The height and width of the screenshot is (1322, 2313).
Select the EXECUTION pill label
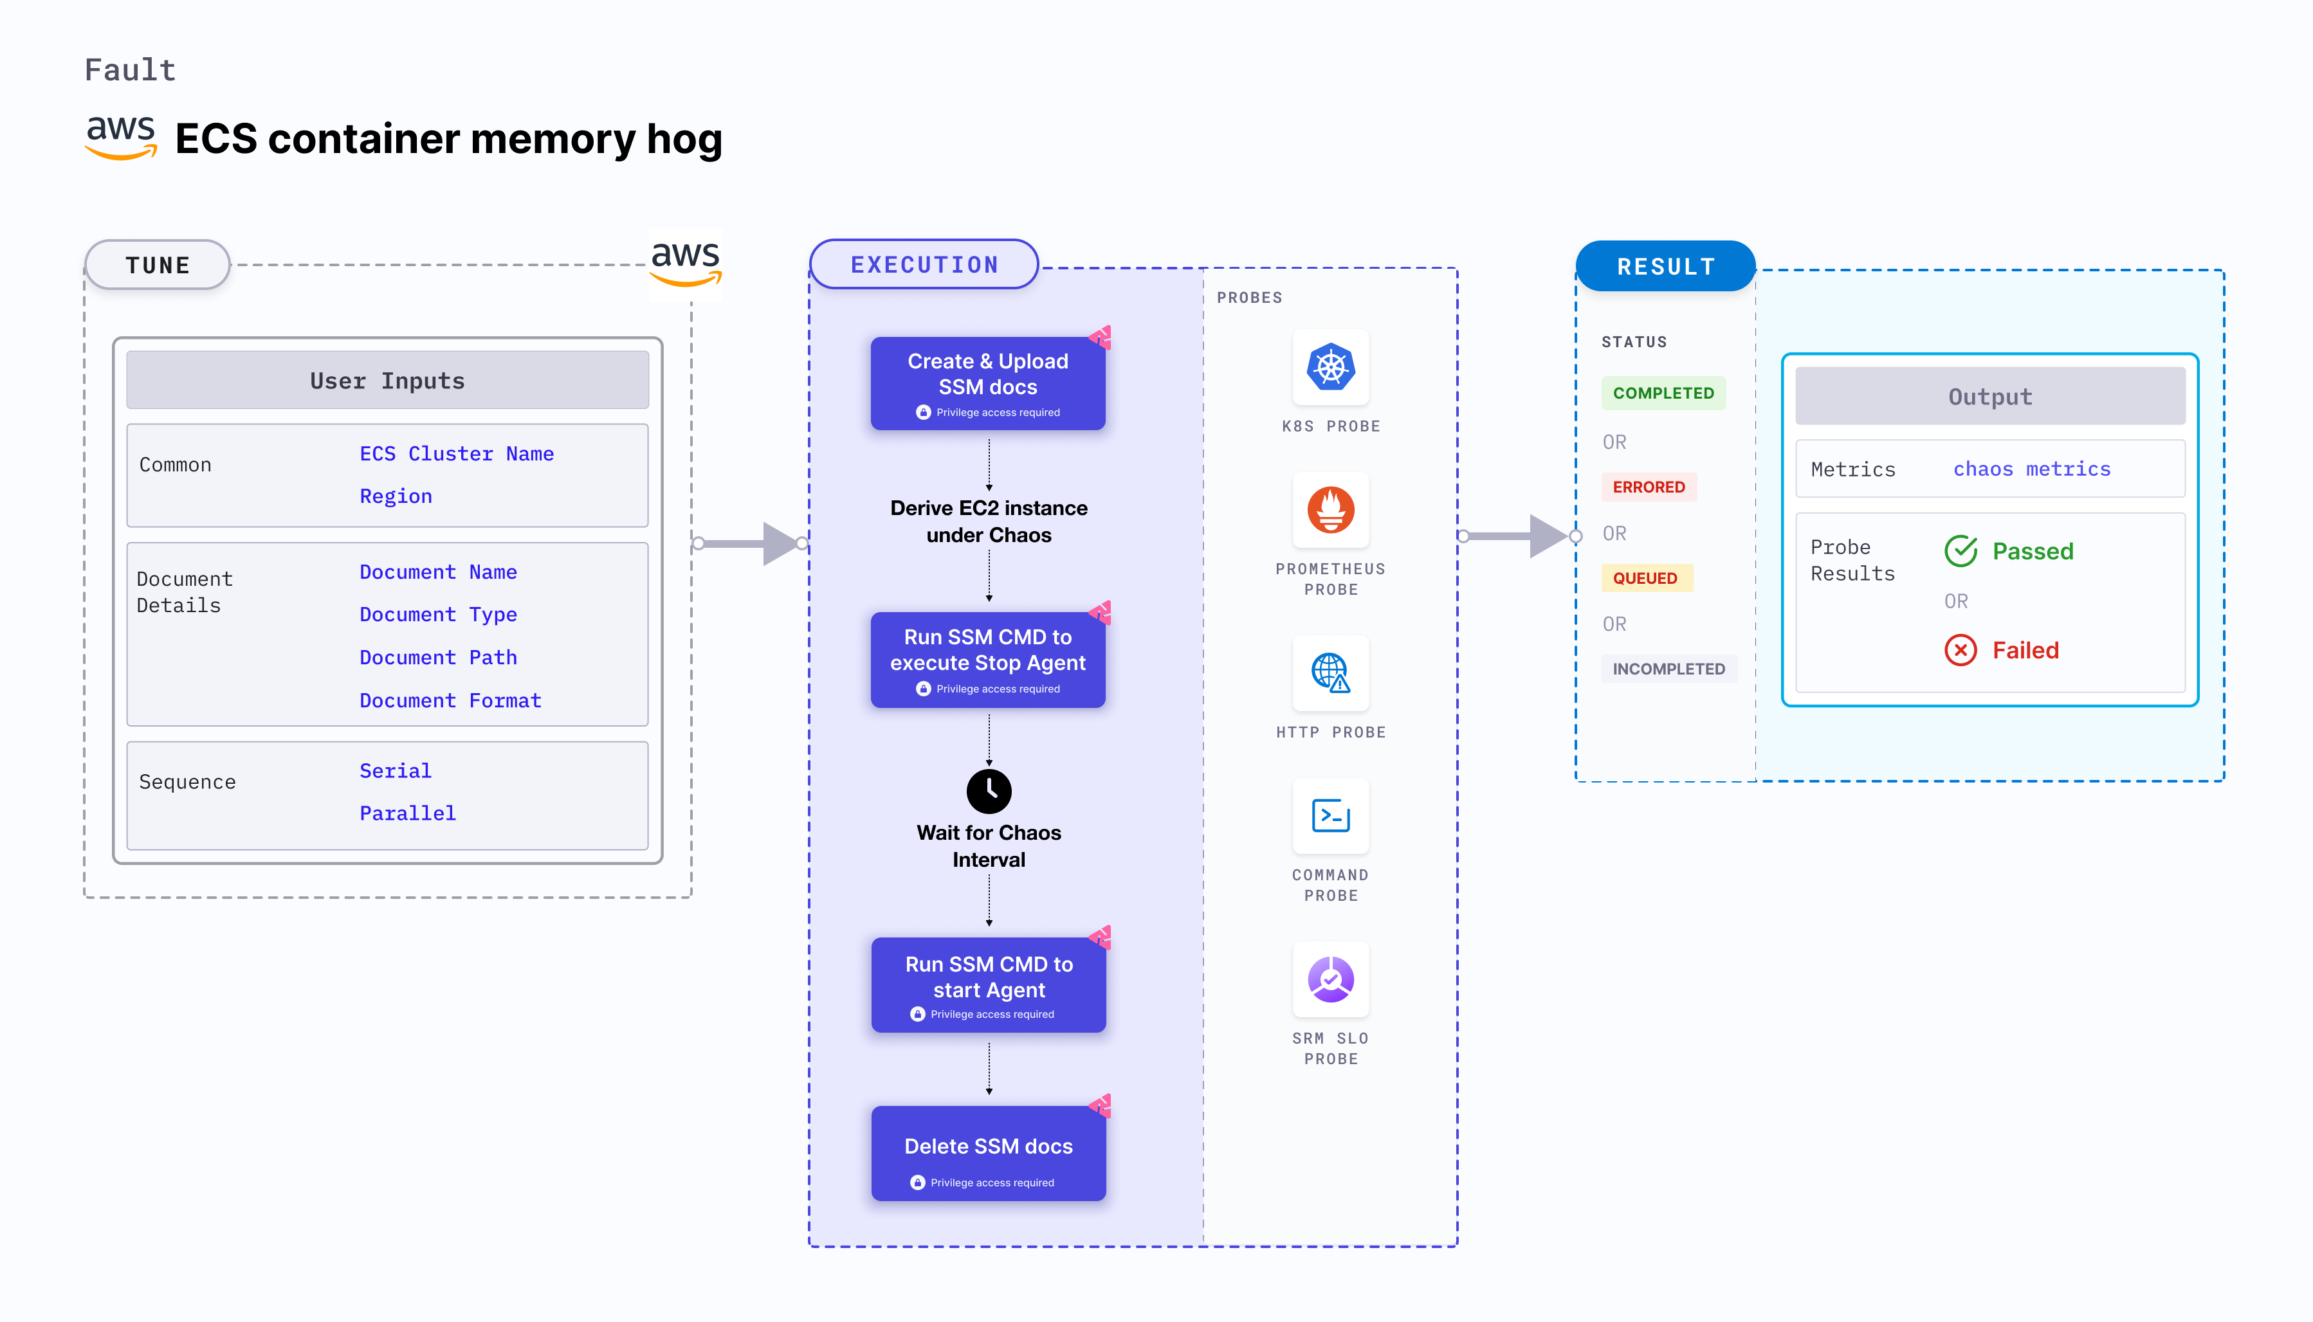point(924,265)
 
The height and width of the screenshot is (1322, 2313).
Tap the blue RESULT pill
point(1665,267)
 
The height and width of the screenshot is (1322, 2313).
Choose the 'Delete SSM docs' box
point(988,1153)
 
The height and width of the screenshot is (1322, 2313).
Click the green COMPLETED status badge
point(1663,393)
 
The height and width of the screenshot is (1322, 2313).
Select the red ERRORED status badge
point(1649,487)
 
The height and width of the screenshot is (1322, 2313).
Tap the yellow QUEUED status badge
point(1645,579)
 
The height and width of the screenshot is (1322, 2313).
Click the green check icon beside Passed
point(1961,551)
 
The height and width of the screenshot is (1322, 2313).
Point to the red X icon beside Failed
point(1961,650)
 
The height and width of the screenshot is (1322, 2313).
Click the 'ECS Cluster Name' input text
point(456,454)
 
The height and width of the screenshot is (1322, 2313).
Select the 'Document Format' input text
point(450,701)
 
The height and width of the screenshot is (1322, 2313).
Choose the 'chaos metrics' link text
point(2031,469)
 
